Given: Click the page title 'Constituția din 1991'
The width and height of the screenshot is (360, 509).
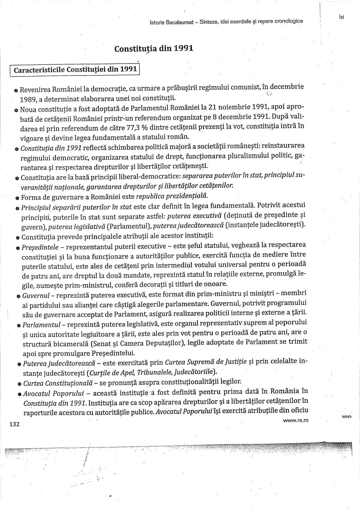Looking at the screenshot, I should [x=154, y=48].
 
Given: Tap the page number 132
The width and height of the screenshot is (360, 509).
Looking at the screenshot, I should [x=15, y=424].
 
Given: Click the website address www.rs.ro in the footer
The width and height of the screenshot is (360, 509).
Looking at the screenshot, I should [x=295, y=420].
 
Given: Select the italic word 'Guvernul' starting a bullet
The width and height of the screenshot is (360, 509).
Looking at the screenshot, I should [x=36, y=296].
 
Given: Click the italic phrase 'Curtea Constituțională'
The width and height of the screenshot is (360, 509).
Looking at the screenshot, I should [x=54, y=383].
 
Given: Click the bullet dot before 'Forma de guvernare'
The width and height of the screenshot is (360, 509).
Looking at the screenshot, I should [x=16, y=197].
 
